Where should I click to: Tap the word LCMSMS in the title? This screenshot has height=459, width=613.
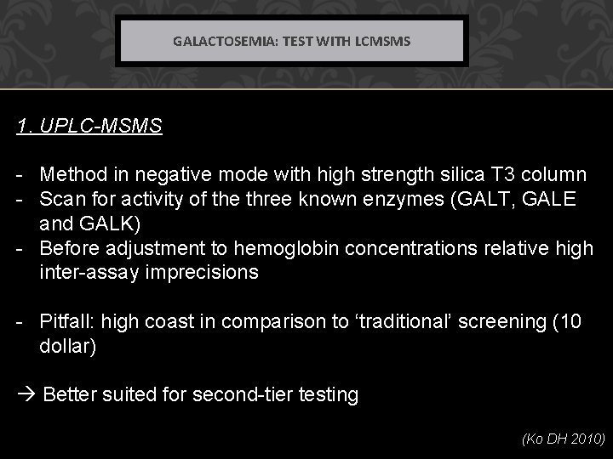(x=381, y=40)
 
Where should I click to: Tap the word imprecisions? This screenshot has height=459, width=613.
(x=206, y=272)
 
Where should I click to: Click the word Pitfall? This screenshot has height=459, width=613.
(x=68, y=321)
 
